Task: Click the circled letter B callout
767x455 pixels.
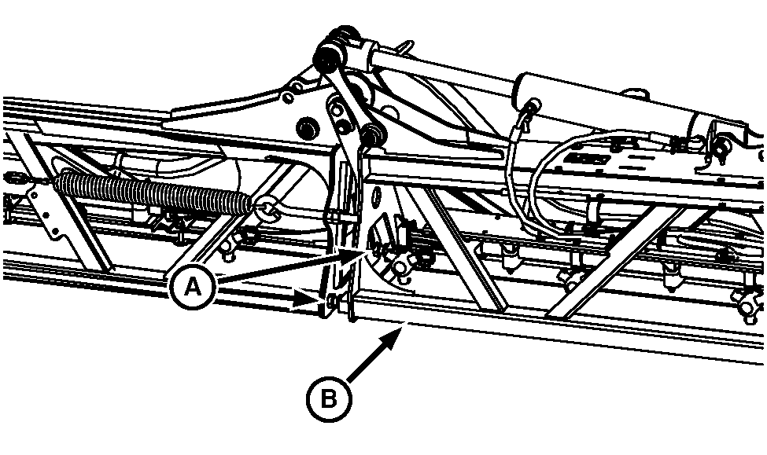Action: pos(328,398)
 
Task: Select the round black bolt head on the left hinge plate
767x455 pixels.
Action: pos(304,127)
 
